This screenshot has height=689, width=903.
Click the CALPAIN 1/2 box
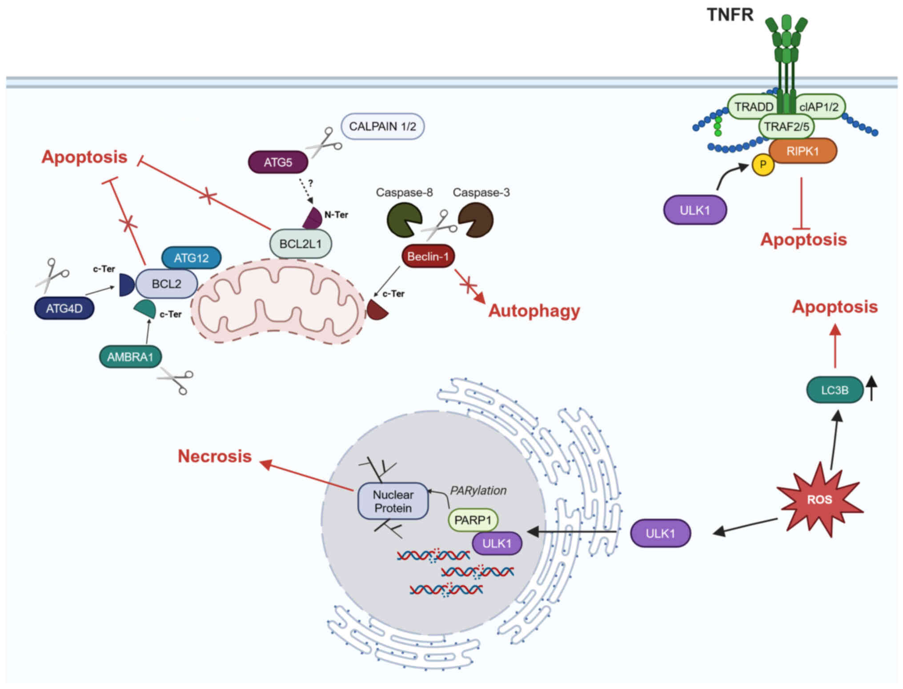click(x=382, y=126)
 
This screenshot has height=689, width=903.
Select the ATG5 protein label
click(x=278, y=162)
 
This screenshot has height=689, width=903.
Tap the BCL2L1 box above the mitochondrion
click(x=301, y=244)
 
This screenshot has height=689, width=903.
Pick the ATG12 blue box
click(x=191, y=258)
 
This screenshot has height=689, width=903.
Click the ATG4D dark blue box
click(x=64, y=308)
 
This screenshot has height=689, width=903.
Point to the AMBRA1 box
click(x=130, y=357)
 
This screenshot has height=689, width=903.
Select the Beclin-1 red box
click(x=428, y=256)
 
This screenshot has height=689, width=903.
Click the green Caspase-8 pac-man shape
click(x=403, y=220)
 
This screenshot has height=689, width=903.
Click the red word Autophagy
click(x=534, y=310)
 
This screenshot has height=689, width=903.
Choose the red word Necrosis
click(x=215, y=456)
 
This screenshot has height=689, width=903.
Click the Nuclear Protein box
click(x=393, y=501)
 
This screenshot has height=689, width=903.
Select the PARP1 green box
click(x=473, y=520)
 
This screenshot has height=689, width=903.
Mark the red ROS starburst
click(x=819, y=500)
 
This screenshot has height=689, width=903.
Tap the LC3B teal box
click(x=835, y=390)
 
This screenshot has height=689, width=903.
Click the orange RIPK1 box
click(x=803, y=151)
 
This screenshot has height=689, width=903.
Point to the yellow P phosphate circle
click(x=763, y=165)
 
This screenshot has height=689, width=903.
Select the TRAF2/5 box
click(x=786, y=127)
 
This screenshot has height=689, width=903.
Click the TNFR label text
click(x=730, y=15)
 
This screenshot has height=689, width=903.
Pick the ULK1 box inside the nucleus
click(x=497, y=543)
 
